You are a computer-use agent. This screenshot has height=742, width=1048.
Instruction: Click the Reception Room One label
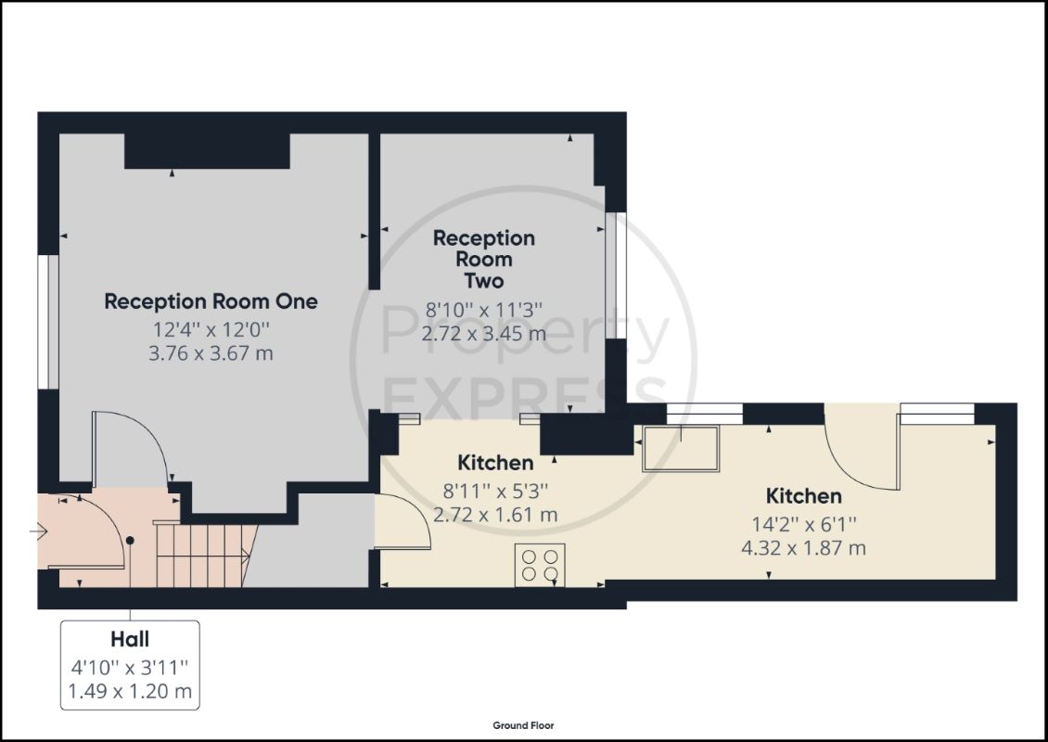(211, 301)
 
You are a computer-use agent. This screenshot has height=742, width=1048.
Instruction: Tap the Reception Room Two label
(484, 260)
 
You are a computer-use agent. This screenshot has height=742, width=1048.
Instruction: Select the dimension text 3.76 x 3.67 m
(211, 353)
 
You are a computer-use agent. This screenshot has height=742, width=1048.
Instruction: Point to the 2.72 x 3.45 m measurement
(484, 332)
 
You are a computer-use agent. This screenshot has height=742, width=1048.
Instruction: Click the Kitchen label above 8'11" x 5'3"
(495, 463)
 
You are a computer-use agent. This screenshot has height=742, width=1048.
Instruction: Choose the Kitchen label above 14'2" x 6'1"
(803, 496)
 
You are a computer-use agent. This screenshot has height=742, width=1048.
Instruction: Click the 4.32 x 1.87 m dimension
(803, 548)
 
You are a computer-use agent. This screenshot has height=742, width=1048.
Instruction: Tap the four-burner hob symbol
(540, 565)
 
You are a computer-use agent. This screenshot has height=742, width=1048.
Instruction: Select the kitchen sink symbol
(681, 449)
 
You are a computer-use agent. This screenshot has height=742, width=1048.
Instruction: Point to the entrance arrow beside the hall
(38, 532)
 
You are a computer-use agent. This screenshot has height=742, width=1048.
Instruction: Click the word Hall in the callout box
(130, 640)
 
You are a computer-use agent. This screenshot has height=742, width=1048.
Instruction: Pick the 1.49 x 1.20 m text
(130, 691)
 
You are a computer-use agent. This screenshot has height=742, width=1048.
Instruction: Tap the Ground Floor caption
(523, 725)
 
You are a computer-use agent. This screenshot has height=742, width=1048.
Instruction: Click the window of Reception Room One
(48, 322)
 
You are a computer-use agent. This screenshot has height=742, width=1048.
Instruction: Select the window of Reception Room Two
(616, 275)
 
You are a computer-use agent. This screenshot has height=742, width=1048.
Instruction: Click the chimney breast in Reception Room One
(207, 151)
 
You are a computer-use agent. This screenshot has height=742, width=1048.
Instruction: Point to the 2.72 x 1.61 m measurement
(495, 515)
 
